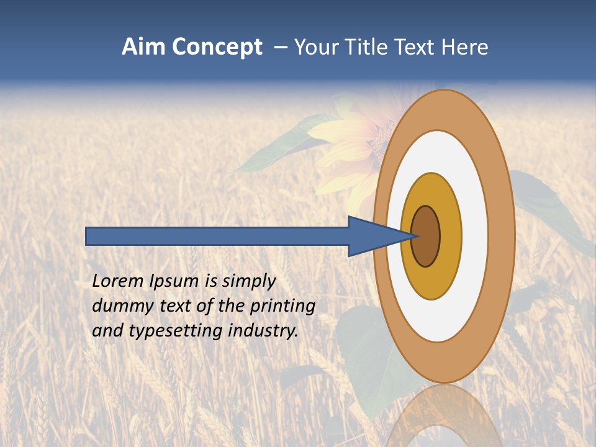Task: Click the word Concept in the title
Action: tap(215, 47)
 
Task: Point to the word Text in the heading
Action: tap(415, 47)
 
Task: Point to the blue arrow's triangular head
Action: tap(372, 236)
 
